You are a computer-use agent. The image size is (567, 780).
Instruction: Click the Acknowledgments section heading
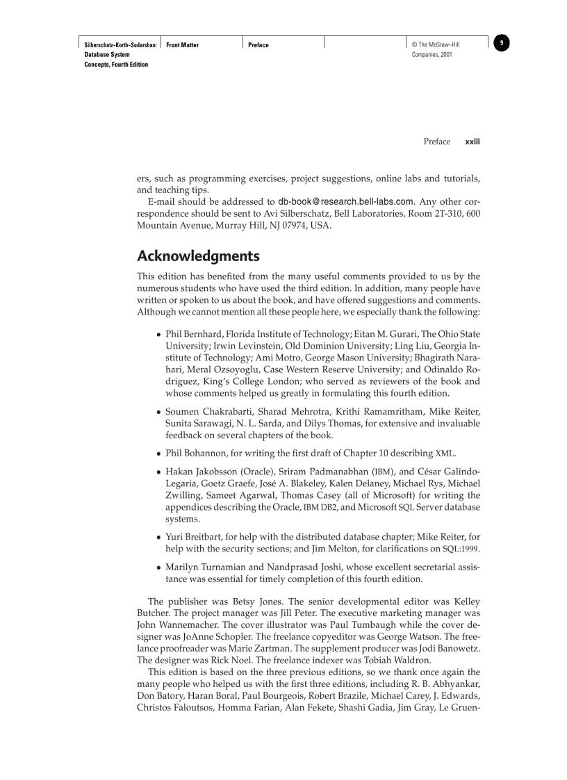pyautogui.click(x=198, y=256)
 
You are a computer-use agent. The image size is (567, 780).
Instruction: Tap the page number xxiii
pyautogui.click(x=472, y=142)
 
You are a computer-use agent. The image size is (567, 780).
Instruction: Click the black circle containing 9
pyautogui.click(x=502, y=44)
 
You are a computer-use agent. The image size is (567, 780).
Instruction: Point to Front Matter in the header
pyautogui.click(x=182, y=45)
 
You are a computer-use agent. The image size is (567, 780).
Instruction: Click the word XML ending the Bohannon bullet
pyautogui.click(x=445, y=454)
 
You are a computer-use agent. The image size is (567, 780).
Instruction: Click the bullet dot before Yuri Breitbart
pyautogui.click(x=159, y=537)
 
